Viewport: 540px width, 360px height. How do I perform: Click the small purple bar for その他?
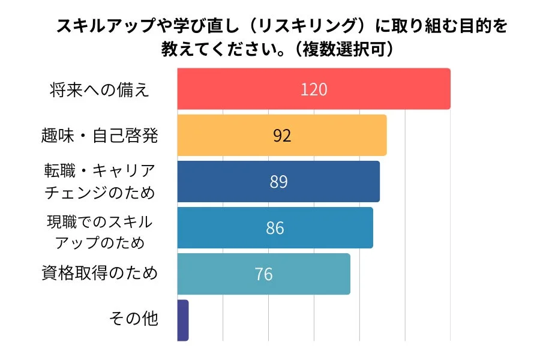(183, 320)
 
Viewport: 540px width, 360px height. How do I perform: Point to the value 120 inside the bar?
(314, 89)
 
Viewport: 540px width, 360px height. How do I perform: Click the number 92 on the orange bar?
(282, 136)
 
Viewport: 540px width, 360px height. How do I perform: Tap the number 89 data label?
(278, 182)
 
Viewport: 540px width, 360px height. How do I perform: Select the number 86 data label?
(275, 228)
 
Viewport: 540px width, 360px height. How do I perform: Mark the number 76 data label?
(263, 274)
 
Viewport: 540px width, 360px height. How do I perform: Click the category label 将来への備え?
(100, 90)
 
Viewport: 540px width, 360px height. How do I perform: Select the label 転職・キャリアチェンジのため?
(100, 182)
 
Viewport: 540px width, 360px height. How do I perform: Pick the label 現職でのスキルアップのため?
(100, 232)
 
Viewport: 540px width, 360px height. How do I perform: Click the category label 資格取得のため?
(100, 274)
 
